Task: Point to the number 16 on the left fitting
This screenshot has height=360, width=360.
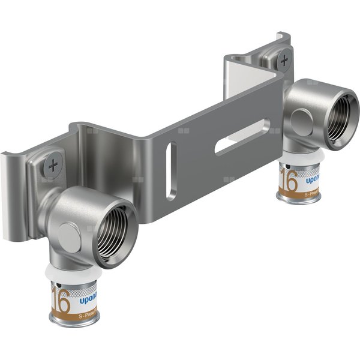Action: [61, 297]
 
